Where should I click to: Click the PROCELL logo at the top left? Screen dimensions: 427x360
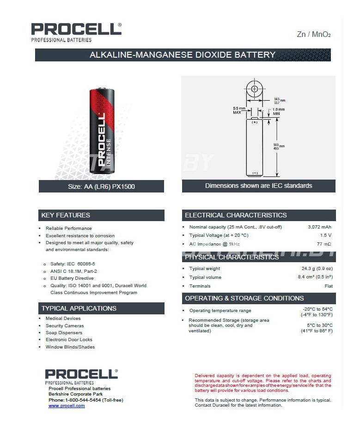[76, 32]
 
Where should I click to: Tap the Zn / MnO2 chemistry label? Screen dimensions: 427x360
[314, 35]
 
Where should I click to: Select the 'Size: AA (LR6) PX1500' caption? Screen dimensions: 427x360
[101, 186]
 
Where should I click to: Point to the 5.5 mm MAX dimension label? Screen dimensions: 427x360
[239, 110]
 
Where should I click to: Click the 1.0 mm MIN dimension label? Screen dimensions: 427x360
[278, 111]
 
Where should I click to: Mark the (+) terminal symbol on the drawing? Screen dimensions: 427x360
[255, 122]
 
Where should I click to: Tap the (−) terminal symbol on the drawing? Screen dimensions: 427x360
[255, 173]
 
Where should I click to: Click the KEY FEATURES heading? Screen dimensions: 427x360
[66, 215]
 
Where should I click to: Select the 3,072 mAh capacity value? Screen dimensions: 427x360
[319, 227]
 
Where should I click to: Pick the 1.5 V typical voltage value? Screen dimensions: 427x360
[325, 235]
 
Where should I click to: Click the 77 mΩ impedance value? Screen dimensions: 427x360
[324, 244]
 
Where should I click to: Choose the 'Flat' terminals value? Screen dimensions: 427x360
[328, 286]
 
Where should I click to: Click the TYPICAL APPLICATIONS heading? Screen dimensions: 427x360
[79, 308]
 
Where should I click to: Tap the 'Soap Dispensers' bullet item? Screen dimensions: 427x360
[64, 333]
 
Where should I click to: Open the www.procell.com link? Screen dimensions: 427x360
[67, 406]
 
